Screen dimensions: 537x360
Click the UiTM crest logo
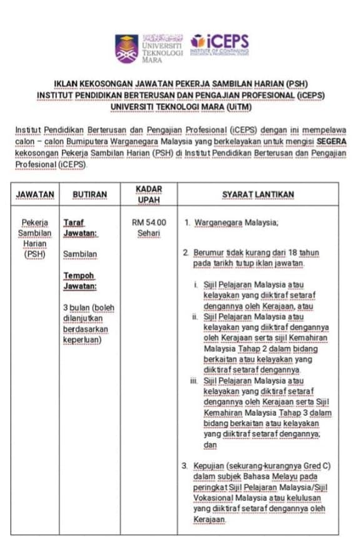(x=126, y=48)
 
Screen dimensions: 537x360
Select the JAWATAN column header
(x=35, y=194)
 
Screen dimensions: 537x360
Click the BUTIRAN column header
(x=89, y=194)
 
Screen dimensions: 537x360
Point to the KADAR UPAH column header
(x=149, y=194)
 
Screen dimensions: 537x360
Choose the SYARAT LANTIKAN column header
(x=257, y=194)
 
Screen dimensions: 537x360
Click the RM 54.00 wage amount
(x=149, y=222)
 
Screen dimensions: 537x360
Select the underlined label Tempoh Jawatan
(x=79, y=281)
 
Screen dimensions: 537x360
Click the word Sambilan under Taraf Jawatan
(x=80, y=254)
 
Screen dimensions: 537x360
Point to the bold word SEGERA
(x=329, y=142)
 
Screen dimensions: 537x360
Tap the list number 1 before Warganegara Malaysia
(x=186, y=223)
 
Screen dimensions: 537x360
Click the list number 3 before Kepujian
(x=184, y=466)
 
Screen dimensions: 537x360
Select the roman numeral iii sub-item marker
(x=195, y=381)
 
